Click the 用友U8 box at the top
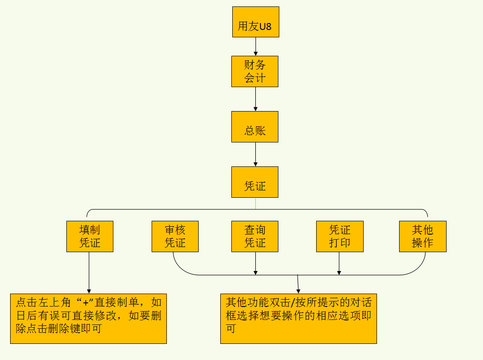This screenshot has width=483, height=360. [x=255, y=22]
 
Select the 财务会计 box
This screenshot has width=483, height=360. [x=255, y=71]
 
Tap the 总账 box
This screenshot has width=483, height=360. [x=255, y=127]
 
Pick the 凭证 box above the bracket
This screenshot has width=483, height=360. [x=255, y=182]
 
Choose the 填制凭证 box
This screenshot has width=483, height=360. [x=90, y=236]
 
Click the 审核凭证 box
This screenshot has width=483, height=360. [x=175, y=236]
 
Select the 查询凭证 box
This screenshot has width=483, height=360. [x=255, y=236]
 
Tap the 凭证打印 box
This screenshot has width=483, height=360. [x=340, y=236]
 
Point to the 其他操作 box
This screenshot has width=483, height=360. [x=423, y=236]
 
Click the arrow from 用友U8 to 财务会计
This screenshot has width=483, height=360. [x=256, y=47]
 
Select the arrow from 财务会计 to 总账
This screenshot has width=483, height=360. [x=256, y=99]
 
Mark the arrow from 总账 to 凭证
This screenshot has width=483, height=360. [x=256, y=154]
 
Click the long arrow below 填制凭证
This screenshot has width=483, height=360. [x=89, y=272]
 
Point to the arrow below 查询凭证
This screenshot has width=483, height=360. [x=256, y=263]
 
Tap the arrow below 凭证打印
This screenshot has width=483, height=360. [x=340, y=263]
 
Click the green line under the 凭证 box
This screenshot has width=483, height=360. [x=255, y=203]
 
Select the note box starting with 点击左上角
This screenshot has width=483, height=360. [x=88, y=319]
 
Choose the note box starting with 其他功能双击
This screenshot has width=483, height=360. [x=299, y=319]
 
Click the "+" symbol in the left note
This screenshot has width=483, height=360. [x=85, y=303]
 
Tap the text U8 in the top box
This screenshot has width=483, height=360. [x=265, y=27]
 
